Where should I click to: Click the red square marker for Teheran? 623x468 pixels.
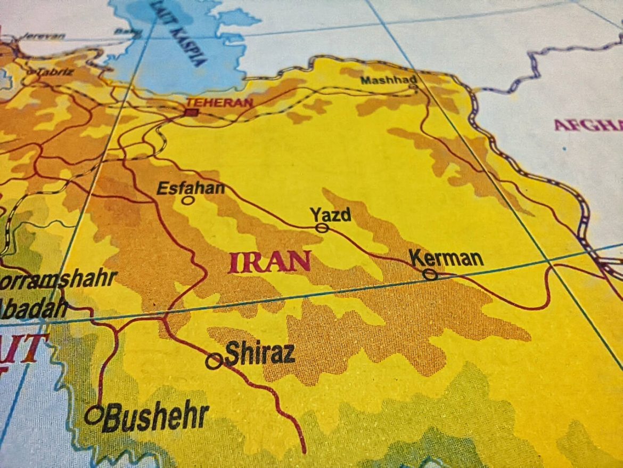[191, 112]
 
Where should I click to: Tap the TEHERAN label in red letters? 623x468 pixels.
[219, 102]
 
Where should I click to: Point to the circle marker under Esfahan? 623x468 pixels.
[187, 200]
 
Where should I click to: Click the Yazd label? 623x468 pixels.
[331, 215]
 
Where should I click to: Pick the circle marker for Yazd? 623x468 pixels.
[322, 228]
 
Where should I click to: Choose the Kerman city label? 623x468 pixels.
[447, 259]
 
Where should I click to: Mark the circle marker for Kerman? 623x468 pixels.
[430, 275]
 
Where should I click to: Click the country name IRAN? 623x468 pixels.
[270, 262]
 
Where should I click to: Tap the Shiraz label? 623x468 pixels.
[260, 353]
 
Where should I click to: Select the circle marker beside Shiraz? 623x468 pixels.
[214, 361]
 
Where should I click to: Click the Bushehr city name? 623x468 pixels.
[155, 417]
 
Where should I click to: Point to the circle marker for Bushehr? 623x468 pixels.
[94, 414]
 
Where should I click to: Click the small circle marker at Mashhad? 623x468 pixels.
[413, 86]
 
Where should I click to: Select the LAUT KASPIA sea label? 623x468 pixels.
[178, 32]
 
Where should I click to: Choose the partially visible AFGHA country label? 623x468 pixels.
[588, 125]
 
